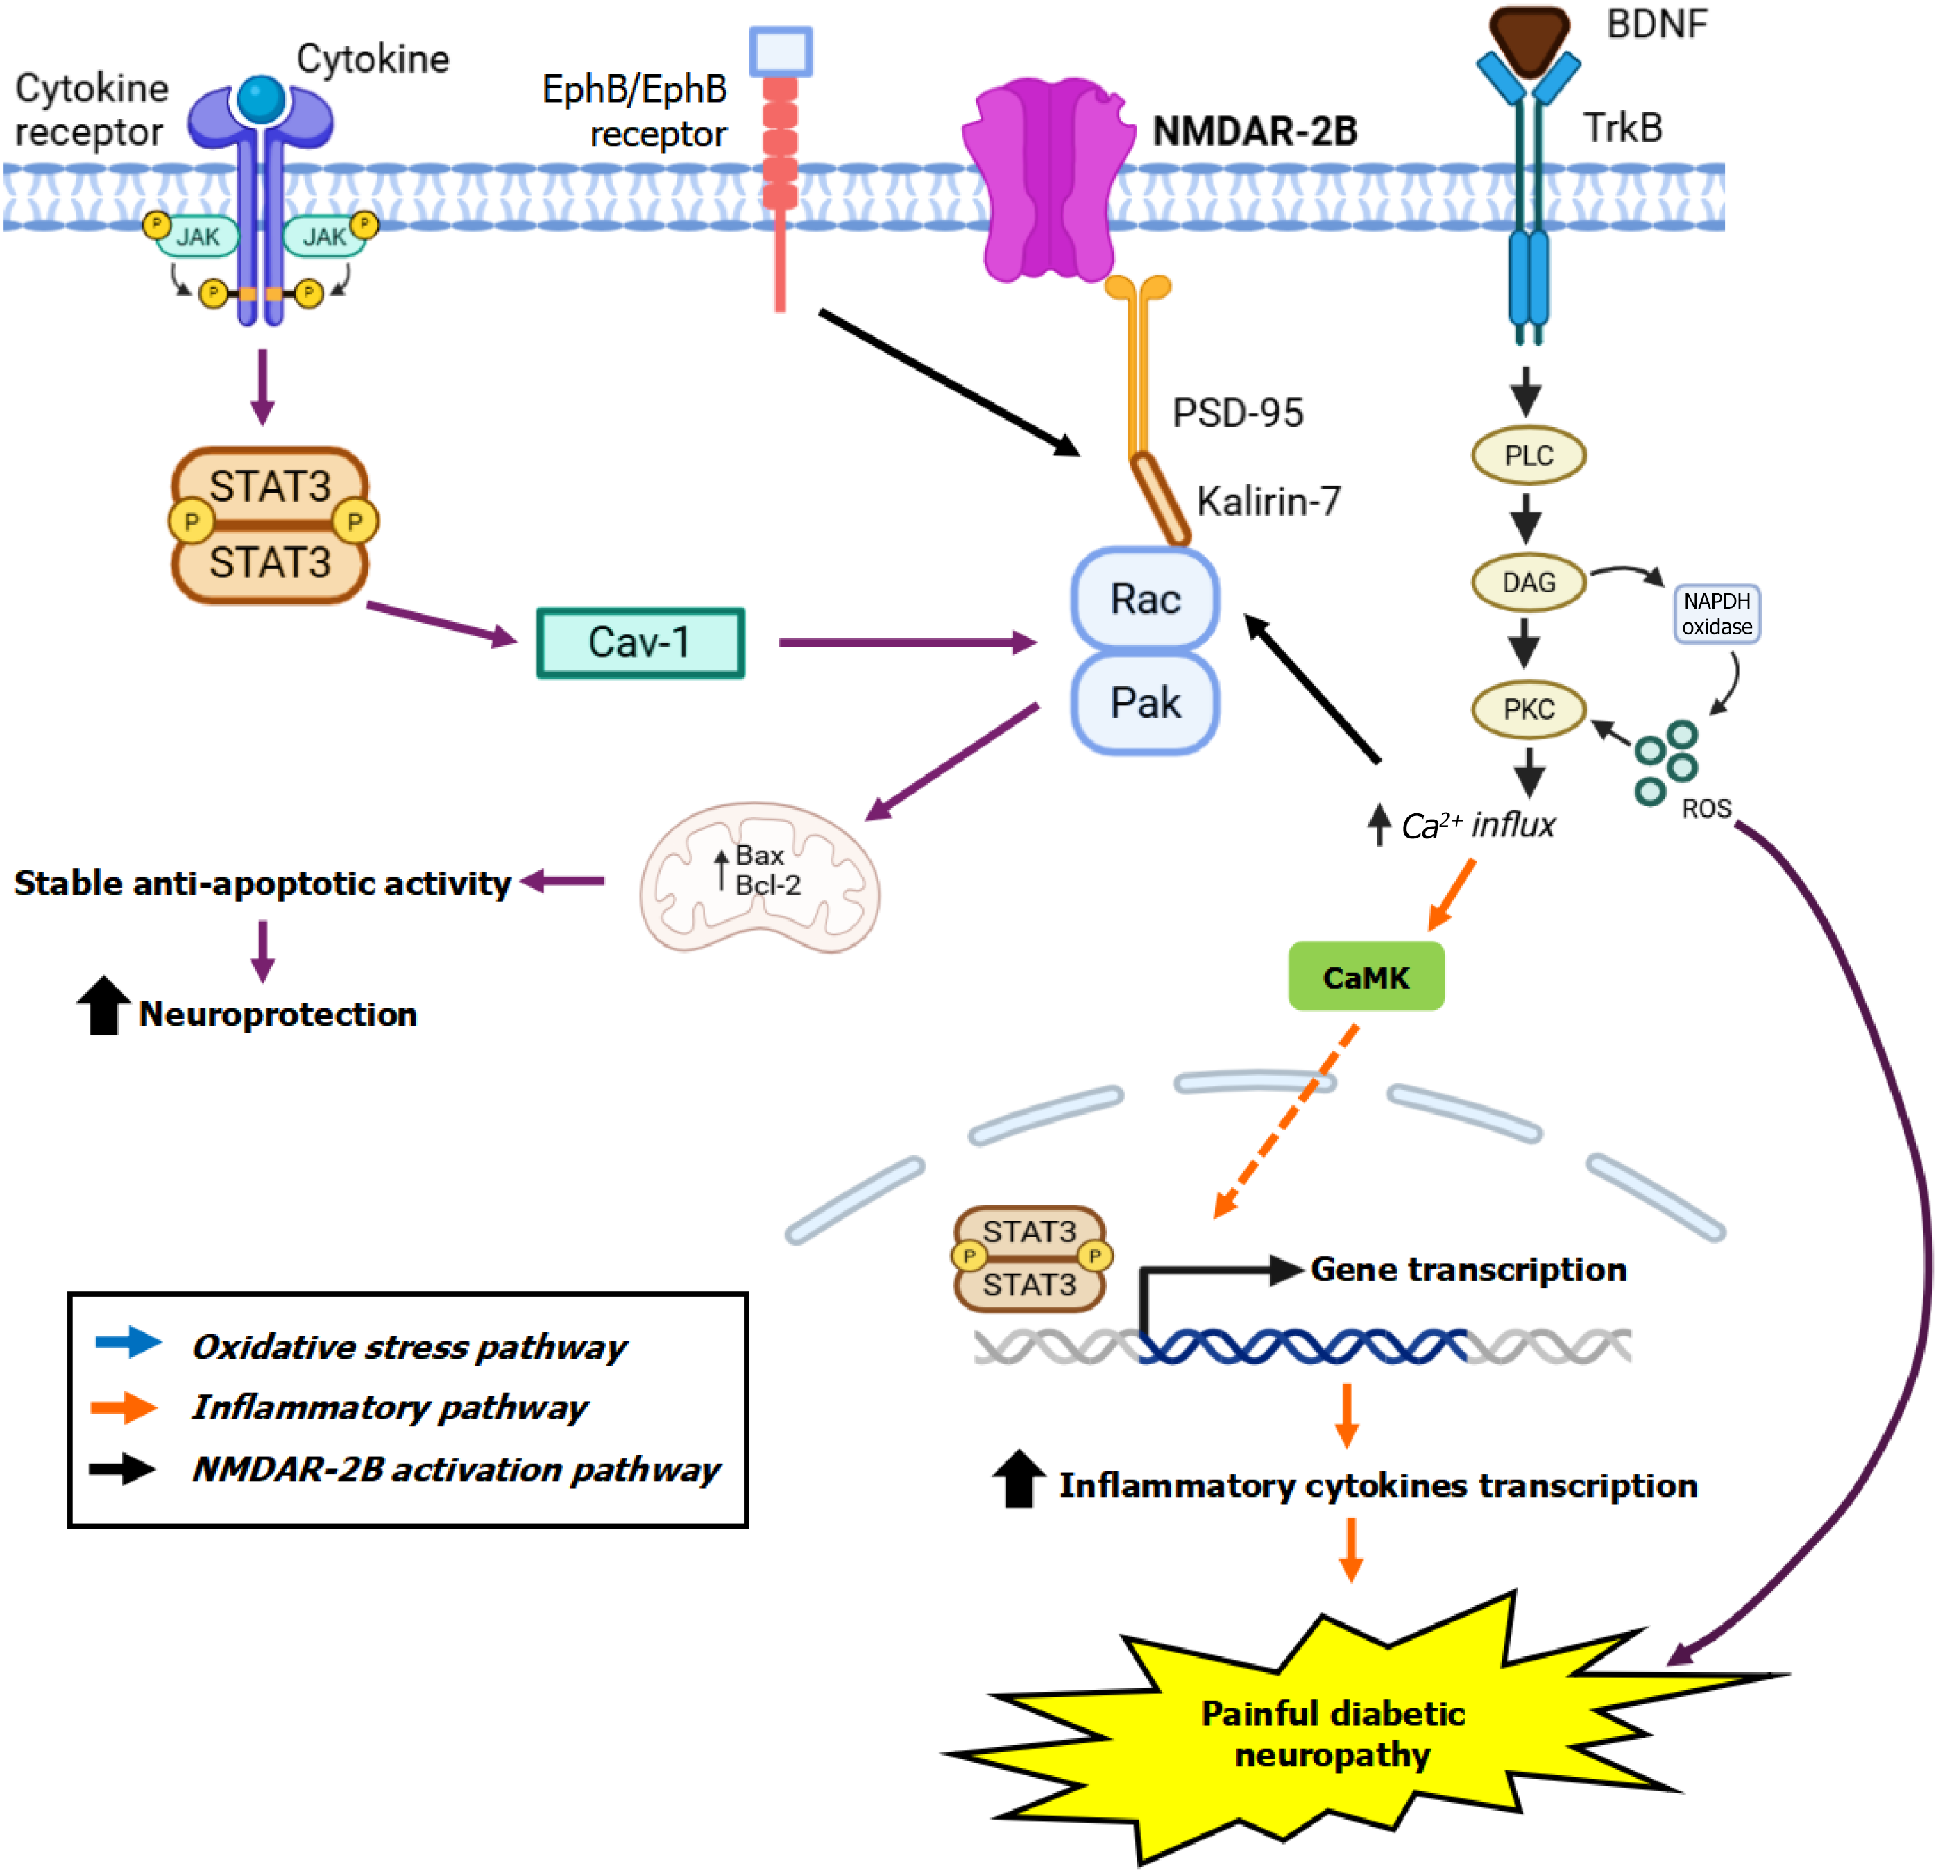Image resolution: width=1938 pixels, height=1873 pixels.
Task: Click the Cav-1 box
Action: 640,643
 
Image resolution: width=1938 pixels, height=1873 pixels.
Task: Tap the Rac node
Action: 1145,600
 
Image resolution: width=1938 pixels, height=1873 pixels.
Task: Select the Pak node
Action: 1145,703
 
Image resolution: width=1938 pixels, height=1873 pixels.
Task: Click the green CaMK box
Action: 1366,977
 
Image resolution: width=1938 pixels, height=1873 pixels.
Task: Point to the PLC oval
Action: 1529,456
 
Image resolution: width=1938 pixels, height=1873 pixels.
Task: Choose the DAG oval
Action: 1529,582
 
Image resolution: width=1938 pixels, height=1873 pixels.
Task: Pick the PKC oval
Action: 1529,709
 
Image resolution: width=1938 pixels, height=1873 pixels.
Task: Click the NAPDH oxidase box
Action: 1717,614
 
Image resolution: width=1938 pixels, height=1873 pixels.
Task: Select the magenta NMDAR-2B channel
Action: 1048,178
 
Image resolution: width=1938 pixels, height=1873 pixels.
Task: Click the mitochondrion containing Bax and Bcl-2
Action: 759,876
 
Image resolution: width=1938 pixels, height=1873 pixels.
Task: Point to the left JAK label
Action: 198,237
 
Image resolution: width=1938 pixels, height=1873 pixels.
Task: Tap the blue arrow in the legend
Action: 128,1342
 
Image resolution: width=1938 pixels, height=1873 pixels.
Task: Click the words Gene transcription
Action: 1468,1269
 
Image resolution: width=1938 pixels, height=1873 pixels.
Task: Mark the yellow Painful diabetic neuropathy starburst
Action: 1333,1733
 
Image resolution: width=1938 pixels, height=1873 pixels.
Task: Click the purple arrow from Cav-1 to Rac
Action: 907,643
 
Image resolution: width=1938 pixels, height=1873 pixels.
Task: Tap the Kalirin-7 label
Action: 1268,501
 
